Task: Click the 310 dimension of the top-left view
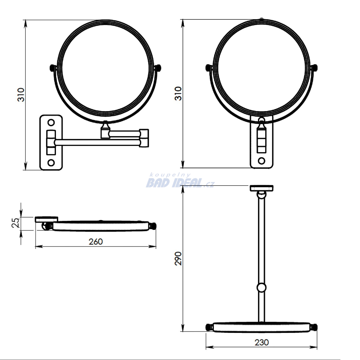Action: point(21,95)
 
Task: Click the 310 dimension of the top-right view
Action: point(178,94)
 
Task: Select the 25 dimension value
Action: point(15,223)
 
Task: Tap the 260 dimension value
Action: point(96,242)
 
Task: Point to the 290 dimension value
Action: point(178,258)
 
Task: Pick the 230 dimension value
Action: point(262,342)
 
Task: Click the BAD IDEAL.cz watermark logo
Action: point(180,181)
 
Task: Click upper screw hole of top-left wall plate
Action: point(51,122)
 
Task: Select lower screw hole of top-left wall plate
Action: point(51,163)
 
